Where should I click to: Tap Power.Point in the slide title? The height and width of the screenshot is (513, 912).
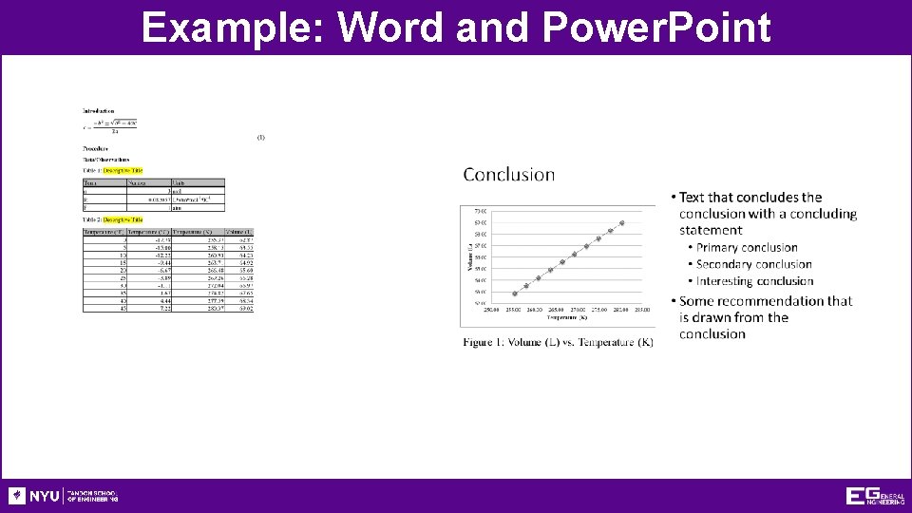656,28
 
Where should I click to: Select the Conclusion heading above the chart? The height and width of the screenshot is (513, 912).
509,174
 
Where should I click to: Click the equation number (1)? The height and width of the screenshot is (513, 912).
260,137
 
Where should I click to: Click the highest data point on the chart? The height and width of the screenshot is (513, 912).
622,222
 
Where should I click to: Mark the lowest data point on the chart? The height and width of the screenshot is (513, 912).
515,294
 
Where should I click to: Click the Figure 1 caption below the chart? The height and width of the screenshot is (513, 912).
558,341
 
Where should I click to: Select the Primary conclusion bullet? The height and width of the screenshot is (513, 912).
747,247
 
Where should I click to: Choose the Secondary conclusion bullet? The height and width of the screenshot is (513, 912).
753,264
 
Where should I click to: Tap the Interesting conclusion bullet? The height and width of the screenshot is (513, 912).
754,281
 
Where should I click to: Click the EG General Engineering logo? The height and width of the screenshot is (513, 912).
875,496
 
